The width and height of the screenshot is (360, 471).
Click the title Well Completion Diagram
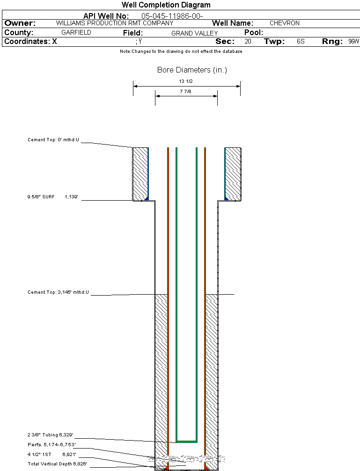(166, 5)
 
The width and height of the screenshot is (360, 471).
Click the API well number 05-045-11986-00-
(172, 16)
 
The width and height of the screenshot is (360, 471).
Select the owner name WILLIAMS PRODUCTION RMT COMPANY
(114, 23)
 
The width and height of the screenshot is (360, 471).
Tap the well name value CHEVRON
(284, 23)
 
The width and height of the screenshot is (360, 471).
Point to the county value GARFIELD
(76, 33)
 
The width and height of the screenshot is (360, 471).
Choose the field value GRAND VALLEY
(194, 33)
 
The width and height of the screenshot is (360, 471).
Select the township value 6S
(301, 42)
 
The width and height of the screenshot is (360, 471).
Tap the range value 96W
(353, 42)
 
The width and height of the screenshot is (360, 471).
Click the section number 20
(248, 42)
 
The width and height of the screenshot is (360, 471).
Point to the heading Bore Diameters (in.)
(192, 70)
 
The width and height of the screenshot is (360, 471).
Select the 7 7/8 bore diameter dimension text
(186, 92)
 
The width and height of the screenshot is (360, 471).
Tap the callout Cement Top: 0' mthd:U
(53, 140)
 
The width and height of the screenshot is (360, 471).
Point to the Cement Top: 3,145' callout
(58, 292)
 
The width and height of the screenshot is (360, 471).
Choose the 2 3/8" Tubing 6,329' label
(51, 435)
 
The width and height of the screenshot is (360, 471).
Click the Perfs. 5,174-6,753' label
(51, 444)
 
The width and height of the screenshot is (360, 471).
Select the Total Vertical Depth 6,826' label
(57, 464)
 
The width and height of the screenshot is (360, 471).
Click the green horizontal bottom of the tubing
(186, 441)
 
